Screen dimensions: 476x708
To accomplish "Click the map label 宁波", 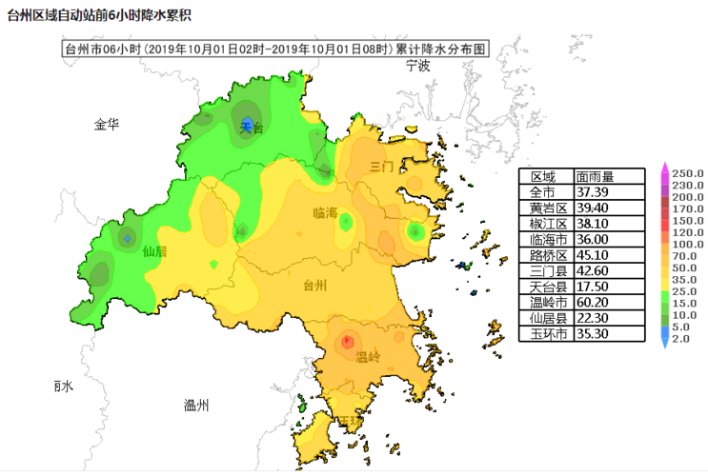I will tap(417, 66).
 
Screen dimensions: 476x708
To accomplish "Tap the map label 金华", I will tap(107, 125).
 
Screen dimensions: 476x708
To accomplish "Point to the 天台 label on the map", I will tap(251, 127).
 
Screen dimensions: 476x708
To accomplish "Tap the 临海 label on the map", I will tap(325, 214).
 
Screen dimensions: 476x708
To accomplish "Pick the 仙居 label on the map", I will tap(154, 252).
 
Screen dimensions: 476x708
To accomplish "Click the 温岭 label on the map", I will tap(368, 357).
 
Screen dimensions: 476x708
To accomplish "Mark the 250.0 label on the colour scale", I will tap(687, 173).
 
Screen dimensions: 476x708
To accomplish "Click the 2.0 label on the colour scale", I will tap(680, 338).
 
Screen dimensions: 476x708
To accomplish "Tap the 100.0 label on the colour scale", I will tap(687, 244).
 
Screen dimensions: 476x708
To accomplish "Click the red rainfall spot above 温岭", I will tap(347, 340).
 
